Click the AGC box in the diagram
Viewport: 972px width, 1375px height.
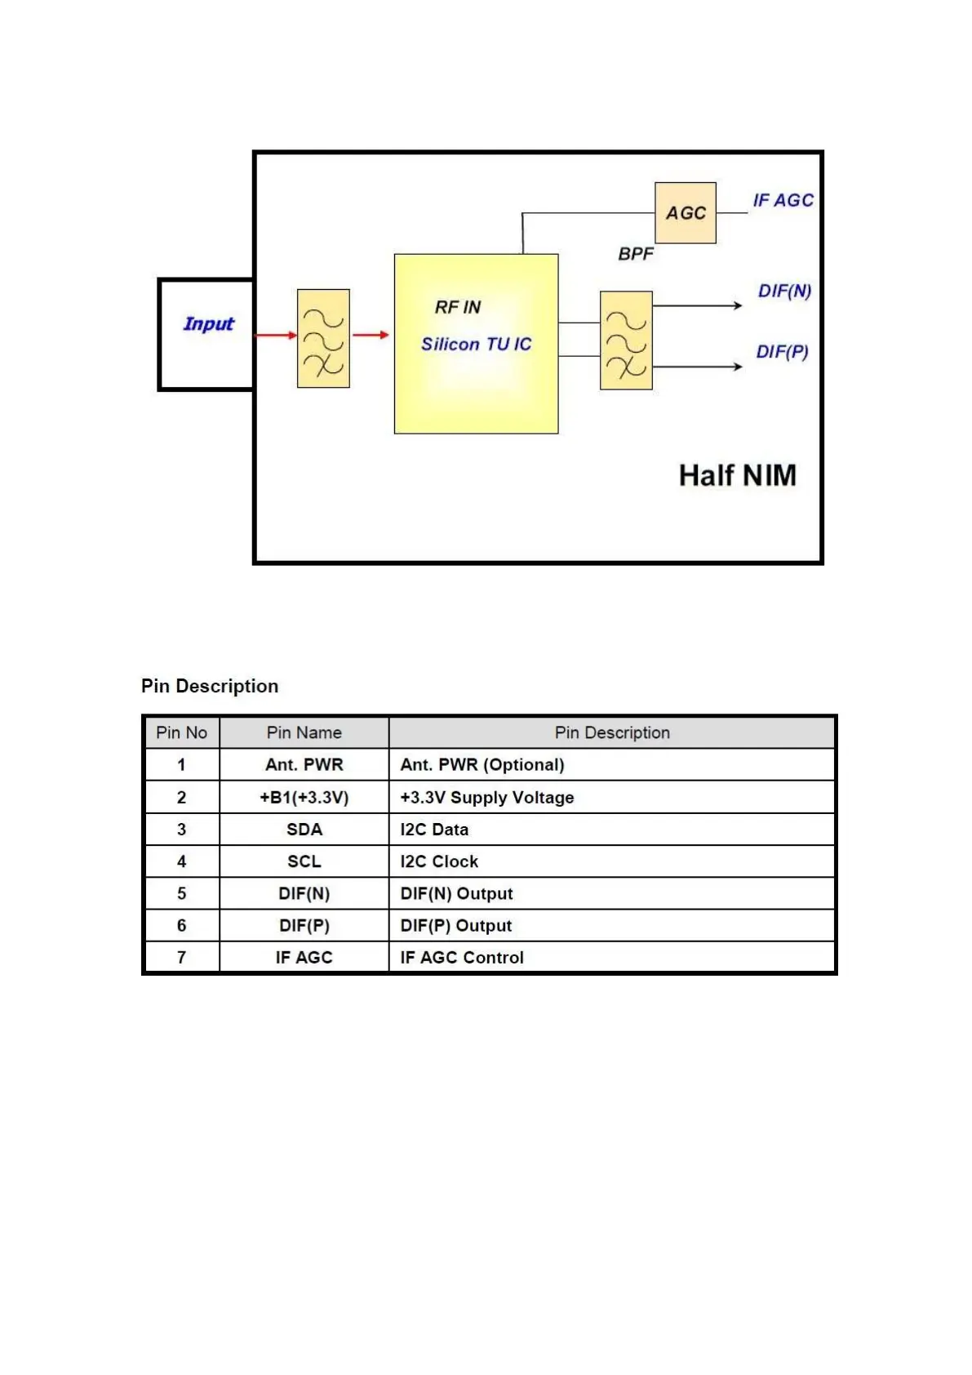point(685,213)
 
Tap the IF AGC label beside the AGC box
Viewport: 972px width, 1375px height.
point(782,200)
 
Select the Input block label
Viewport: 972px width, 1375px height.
point(208,324)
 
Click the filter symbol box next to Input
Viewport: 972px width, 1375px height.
point(323,338)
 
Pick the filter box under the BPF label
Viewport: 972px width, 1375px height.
point(625,340)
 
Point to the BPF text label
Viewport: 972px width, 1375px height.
point(635,254)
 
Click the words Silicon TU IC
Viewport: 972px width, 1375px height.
point(476,345)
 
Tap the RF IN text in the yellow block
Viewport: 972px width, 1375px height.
point(457,307)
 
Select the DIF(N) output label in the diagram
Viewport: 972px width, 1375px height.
point(783,291)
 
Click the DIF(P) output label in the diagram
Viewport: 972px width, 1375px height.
point(781,352)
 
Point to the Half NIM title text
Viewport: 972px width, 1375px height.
point(737,475)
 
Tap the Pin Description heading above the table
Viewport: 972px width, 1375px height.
point(210,686)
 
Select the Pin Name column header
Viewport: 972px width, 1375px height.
point(304,732)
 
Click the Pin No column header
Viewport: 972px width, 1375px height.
point(181,732)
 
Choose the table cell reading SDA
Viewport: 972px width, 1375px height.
point(304,830)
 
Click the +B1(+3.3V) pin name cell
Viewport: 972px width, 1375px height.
point(304,798)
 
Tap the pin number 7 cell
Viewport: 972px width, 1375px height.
point(181,958)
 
